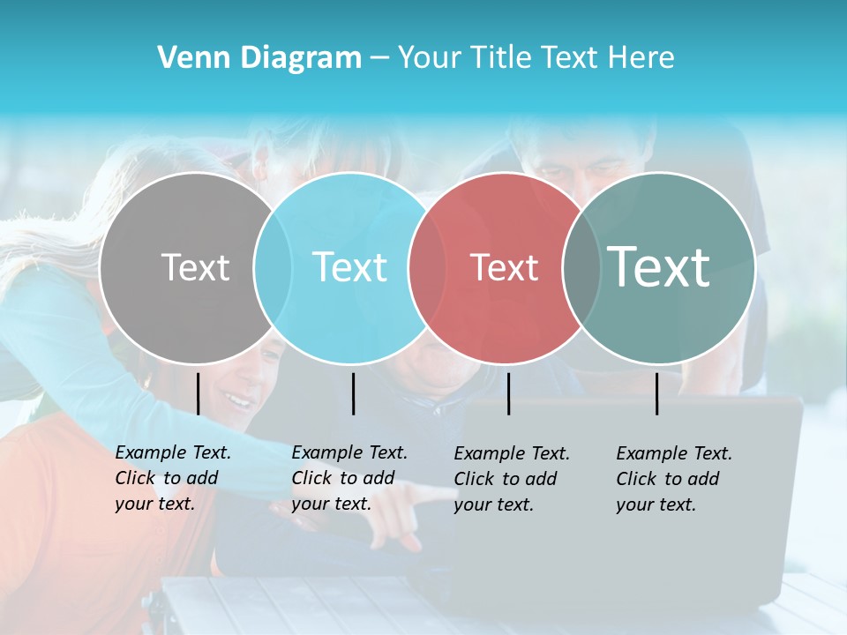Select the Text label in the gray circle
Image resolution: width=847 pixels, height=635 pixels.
(x=195, y=267)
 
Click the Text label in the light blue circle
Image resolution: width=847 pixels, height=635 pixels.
(x=349, y=267)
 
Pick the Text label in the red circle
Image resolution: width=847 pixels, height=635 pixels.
(x=504, y=267)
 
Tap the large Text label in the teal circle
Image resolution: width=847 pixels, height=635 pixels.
(x=658, y=266)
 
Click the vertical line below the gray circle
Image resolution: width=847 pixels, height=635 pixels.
(x=198, y=393)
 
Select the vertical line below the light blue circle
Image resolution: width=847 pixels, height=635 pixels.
(x=353, y=393)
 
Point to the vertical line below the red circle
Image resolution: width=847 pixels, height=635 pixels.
(x=508, y=393)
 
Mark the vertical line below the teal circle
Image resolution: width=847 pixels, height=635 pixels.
(x=656, y=393)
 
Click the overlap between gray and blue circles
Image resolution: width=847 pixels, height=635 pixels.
(x=273, y=267)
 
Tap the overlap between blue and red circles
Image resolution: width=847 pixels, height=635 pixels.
(x=428, y=267)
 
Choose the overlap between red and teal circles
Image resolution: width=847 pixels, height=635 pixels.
(x=581, y=267)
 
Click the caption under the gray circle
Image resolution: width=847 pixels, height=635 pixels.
(x=172, y=478)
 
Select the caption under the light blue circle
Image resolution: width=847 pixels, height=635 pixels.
(x=349, y=478)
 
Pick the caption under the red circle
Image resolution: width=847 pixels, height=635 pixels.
(x=511, y=479)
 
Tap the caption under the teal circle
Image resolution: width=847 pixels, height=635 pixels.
(x=673, y=479)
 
